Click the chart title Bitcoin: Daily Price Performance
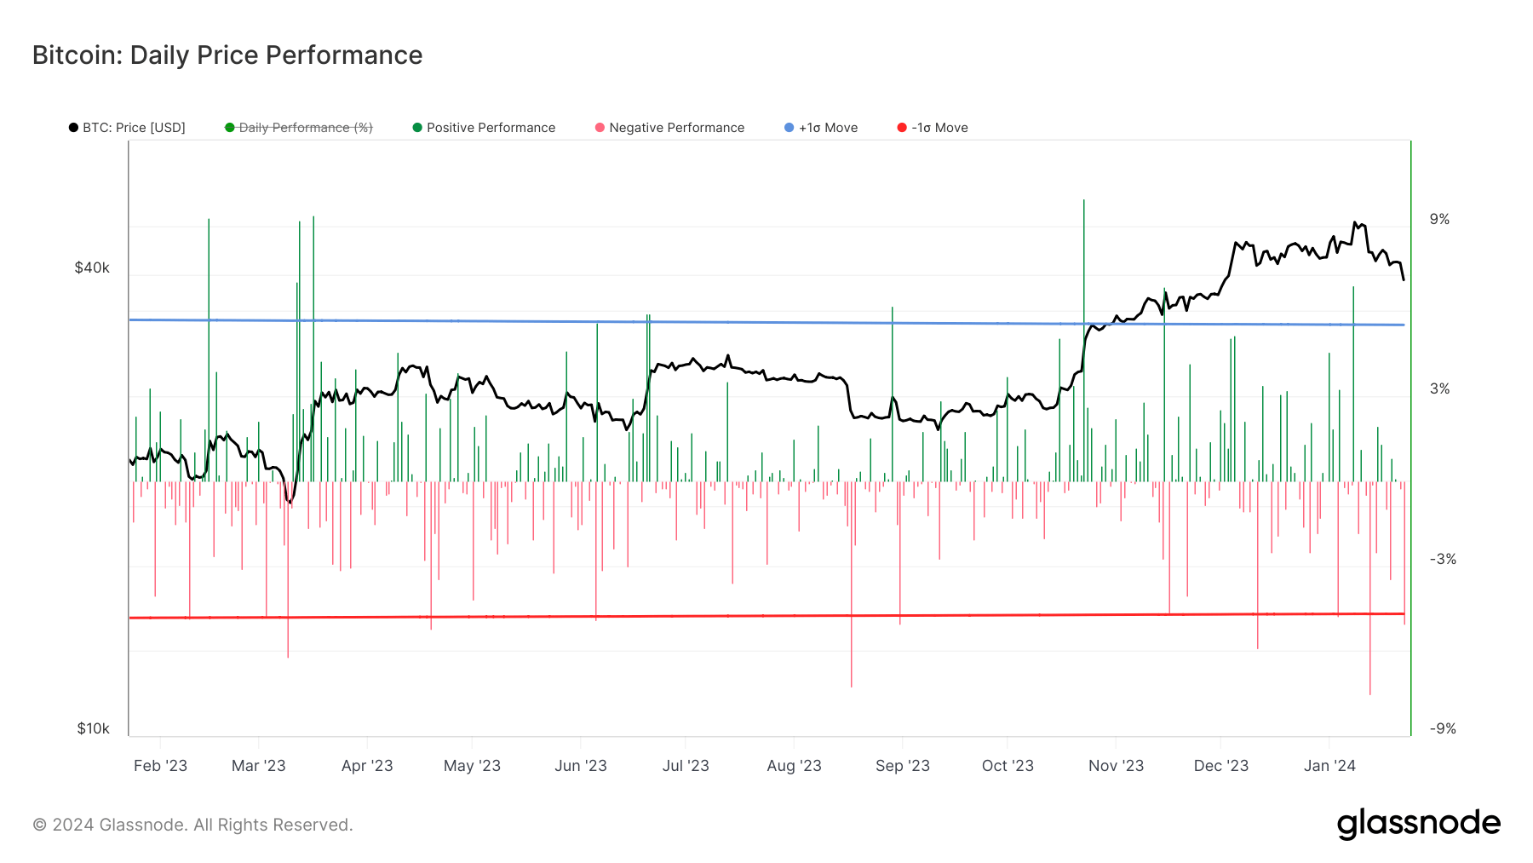click(227, 55)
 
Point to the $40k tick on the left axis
click(92, 268)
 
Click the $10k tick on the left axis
click(93, 728)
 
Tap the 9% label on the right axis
click(1439, 219)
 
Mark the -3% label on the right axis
click(1442, 559)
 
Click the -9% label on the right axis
click(1442, 728)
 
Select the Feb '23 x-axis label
click(160, 765)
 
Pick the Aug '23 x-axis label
click(794, 765)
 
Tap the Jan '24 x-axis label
click(1329, 765)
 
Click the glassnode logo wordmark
click(1418, 824)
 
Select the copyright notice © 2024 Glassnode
click(192, 825)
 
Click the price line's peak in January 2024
click(1354, 223)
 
